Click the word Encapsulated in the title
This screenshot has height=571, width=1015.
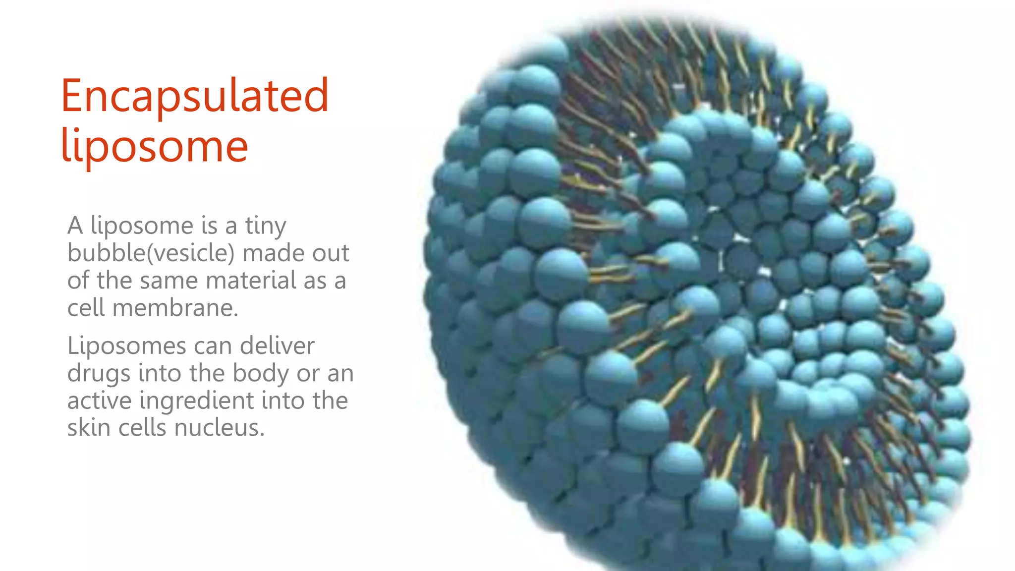click(194, 97)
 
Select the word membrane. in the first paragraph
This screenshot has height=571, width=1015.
click(175, 308)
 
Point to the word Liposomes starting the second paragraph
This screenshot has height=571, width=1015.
click(127, 346)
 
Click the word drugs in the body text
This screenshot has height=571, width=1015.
click(98, 374)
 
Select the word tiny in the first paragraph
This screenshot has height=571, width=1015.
click(266, 226)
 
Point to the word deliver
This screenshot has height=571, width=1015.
click(277, 346)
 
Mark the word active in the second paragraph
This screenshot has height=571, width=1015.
click(99, 400)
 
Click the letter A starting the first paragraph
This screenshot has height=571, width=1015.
click(75, 226)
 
